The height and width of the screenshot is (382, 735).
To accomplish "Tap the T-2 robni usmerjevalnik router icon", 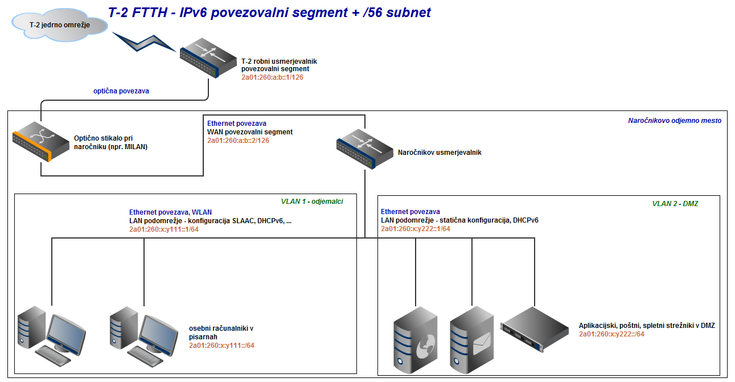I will (x=208, y=57).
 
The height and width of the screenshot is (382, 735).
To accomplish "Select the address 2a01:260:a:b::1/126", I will (x=272, y=77).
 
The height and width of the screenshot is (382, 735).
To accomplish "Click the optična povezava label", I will (x=121, y=91).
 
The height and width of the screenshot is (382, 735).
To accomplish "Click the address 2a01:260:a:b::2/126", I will (x=238, y=140).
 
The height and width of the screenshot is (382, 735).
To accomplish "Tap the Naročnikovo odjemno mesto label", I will (x=675, y=121).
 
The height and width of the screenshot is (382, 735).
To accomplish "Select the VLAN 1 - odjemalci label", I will (x=312, y=201).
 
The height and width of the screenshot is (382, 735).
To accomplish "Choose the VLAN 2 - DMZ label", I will (x=675, y=203).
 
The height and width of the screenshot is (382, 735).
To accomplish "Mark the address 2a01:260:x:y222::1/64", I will (x=416, y=229).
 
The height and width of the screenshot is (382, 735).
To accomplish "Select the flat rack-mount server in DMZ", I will (x=535, y=328).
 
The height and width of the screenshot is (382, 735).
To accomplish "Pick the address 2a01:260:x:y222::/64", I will (x=611, y=334).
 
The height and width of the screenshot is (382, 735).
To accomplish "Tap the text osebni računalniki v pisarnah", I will (x=221, y=332).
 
